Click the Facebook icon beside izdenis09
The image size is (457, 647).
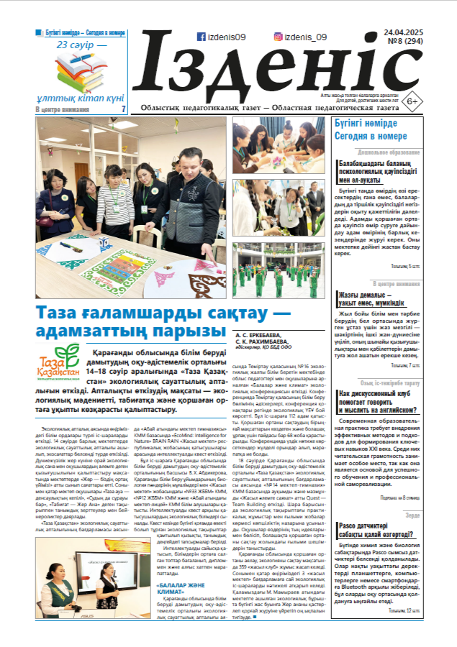point(201,37)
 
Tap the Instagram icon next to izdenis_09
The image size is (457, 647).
point(278,37)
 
